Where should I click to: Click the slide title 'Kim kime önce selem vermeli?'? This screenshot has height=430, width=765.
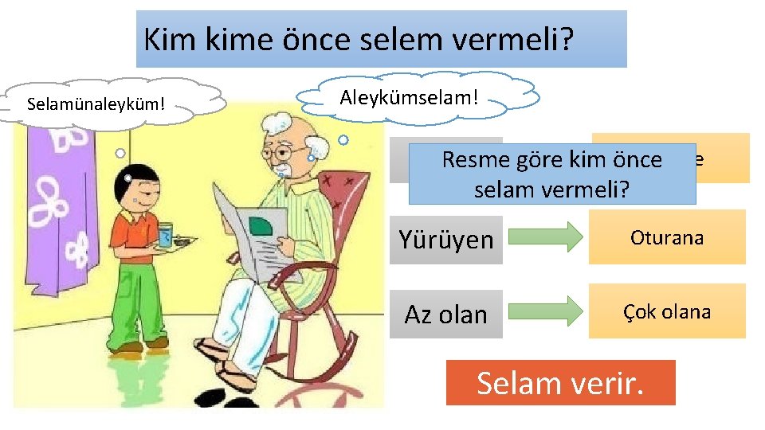coord(381,38)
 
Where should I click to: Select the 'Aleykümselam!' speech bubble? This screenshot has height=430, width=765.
coord(418,97)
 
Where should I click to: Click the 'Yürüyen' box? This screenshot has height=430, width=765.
coord(446,240)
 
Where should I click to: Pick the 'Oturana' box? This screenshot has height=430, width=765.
coord(667,237)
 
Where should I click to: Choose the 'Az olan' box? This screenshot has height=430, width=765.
coord(446,315)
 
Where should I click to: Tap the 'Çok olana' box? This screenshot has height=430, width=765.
coord(667,311)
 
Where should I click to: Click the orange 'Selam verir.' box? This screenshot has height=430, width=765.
coord(560,383)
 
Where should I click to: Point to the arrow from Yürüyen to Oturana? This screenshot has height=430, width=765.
coord(546,237)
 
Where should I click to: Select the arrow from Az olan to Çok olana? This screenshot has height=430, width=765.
coord(546,311)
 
